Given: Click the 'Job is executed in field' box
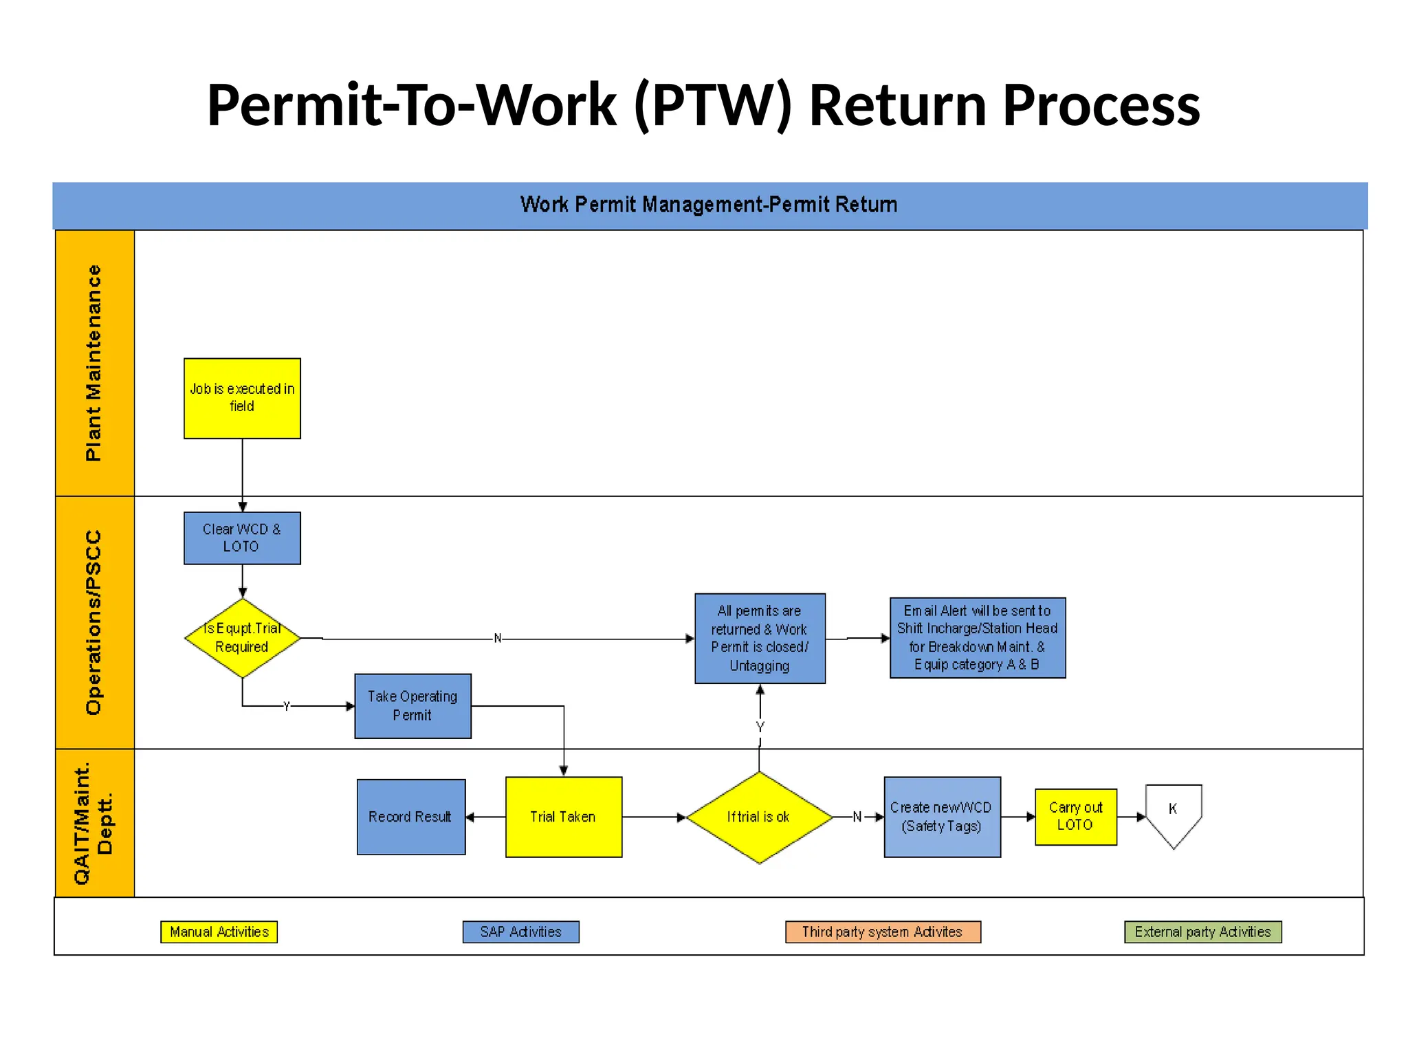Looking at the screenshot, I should coord(242,398).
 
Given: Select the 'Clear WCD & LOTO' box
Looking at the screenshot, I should coord(242,538).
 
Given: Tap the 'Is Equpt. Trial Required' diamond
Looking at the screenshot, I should coord(242,638).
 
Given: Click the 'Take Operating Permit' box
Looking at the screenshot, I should coord(412,706).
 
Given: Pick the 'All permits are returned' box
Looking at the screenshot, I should coord(760,638).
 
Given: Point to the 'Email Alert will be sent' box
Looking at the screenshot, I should coord(977,638).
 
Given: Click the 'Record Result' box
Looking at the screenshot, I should coord(411,817).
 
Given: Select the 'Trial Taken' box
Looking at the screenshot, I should coord(564,817).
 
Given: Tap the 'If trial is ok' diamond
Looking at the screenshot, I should coord(759,817).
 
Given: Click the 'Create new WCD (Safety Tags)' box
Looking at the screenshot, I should coord(942,817).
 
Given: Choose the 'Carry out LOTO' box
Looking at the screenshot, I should coord(1075,817).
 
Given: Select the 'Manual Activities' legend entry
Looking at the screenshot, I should coord(219,932).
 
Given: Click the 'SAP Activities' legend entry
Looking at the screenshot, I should coord(520,932).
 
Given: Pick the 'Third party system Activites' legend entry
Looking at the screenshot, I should coord(883,932).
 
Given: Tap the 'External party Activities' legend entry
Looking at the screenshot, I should coord(1202,932).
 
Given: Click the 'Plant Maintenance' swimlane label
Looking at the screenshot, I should coord(94,363).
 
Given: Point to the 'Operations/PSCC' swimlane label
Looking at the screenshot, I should coord(94,622).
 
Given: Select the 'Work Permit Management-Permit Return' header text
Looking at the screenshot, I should coord(709,205).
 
